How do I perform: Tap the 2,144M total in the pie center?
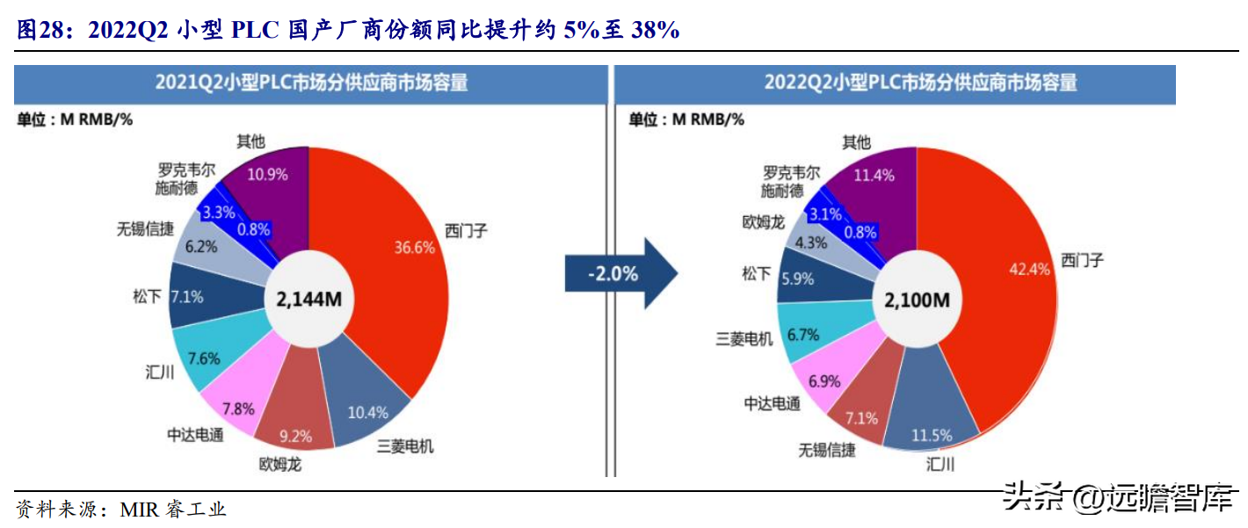click(308, 300)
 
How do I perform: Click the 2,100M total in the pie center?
click(917, 300)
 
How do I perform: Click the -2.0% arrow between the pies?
click(619, 273)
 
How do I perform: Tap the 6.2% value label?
click(201, 247)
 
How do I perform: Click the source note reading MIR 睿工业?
click(172, 510)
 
